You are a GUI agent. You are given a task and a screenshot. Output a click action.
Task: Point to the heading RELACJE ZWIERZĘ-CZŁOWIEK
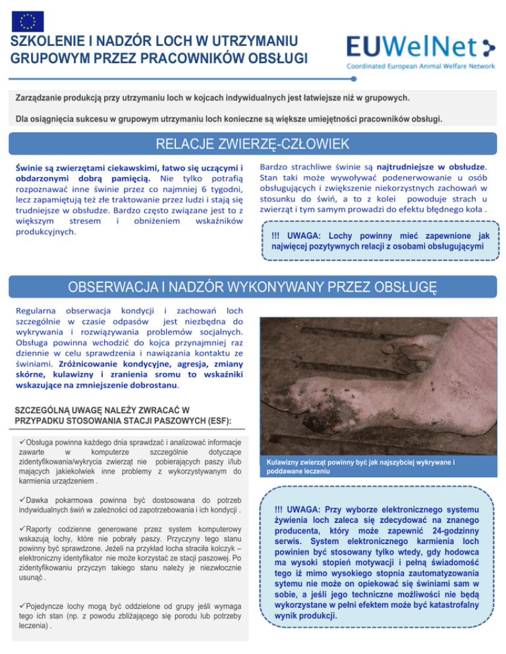coord(253,143)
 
